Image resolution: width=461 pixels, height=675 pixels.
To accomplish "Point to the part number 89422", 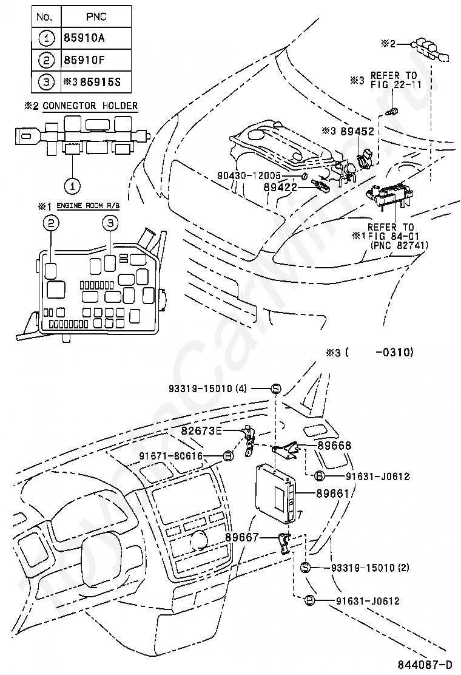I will (280, 188).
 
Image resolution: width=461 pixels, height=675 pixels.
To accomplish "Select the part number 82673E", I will (202, 430).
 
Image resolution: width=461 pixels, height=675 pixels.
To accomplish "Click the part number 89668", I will (333, 446).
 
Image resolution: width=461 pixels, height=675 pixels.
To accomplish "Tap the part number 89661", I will (332, 494).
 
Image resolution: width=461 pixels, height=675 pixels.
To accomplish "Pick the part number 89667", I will (242, 537).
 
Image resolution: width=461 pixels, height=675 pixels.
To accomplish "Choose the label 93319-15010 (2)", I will (370, 568).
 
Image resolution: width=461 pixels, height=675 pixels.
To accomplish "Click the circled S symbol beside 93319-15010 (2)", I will (306, 568).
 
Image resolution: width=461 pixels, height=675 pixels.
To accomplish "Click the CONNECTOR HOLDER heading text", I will (90, 106).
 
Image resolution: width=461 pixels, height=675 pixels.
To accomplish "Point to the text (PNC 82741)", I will (397, 245).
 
